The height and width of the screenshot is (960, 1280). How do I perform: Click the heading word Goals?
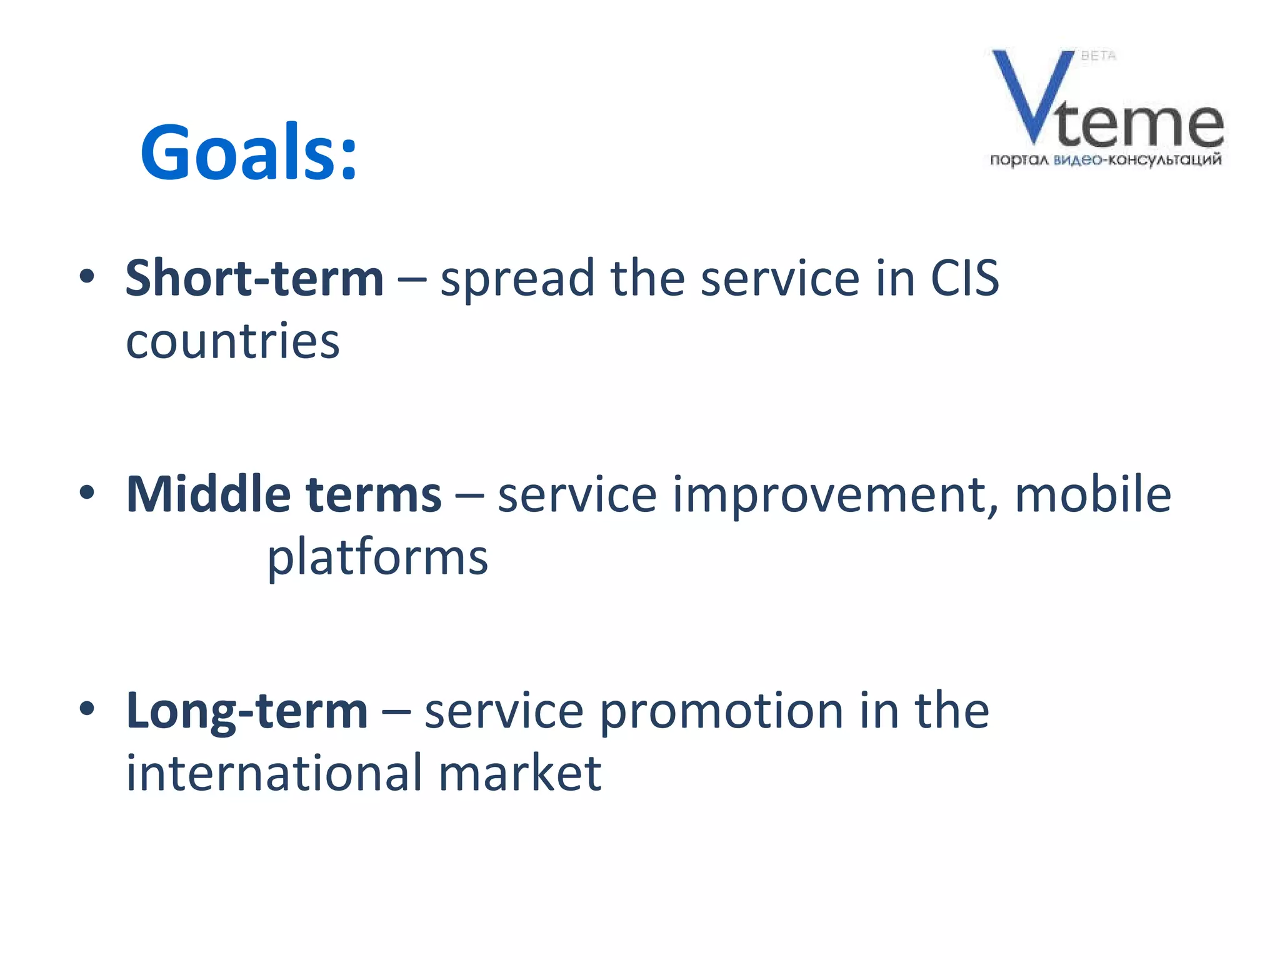pyautogui.click(x=249, y=152)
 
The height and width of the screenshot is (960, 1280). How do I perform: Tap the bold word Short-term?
pyautogui.click(x=254, y=279)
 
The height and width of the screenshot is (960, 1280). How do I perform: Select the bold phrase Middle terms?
pyautogui.click(x=284, y=495)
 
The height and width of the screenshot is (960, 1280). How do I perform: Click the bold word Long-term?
pyautogui.click(x=247, y=711)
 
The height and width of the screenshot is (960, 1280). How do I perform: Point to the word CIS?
pyautogui.click(x=964, y=279)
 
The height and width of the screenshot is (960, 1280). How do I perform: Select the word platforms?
pyautogui.click(x=377, y=557)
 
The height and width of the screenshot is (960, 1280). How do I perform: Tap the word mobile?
pyautogui.click(x=1092, y=495)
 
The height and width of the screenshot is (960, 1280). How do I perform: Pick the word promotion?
pyautogui.click(x=721, y=712)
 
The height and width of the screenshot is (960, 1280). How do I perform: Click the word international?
pyautogui.click(x=274, y=774)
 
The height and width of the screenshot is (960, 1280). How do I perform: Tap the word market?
pyautogui.click(x=519, y=774)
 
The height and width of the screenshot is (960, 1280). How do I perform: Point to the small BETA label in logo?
pyautogui.click(x=1098, y=56)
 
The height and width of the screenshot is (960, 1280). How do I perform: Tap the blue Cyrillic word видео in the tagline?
pyautogui.click(x=1077, y=161)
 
